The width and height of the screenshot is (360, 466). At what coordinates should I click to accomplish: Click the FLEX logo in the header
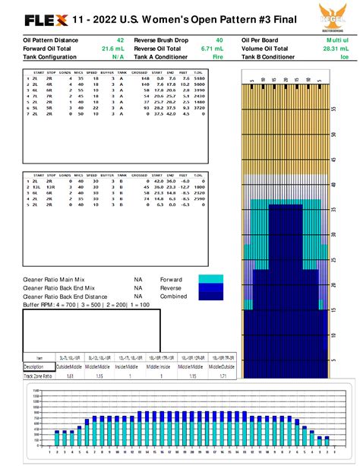[46, 19]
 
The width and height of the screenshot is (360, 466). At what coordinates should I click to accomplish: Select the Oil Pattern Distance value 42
[121, 39]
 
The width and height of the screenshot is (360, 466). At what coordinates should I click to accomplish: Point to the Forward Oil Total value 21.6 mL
[113, 48]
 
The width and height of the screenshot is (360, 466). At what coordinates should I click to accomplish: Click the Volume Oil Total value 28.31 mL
[337, 48]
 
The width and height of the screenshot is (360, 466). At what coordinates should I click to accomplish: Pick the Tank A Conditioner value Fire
[218, 56]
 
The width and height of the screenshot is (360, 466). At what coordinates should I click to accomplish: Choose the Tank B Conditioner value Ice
[344, 56]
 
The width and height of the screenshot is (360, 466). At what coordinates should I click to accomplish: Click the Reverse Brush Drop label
[162, 39]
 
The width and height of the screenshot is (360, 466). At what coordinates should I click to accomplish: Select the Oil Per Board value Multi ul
[337, 39]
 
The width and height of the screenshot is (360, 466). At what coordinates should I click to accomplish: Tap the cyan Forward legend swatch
[211, 279]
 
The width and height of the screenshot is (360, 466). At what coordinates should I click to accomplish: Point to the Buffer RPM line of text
[75, 304]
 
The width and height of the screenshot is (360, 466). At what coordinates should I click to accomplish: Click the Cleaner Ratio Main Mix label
[57, 279]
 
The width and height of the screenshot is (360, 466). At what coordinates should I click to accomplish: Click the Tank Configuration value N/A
[118, 56]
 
